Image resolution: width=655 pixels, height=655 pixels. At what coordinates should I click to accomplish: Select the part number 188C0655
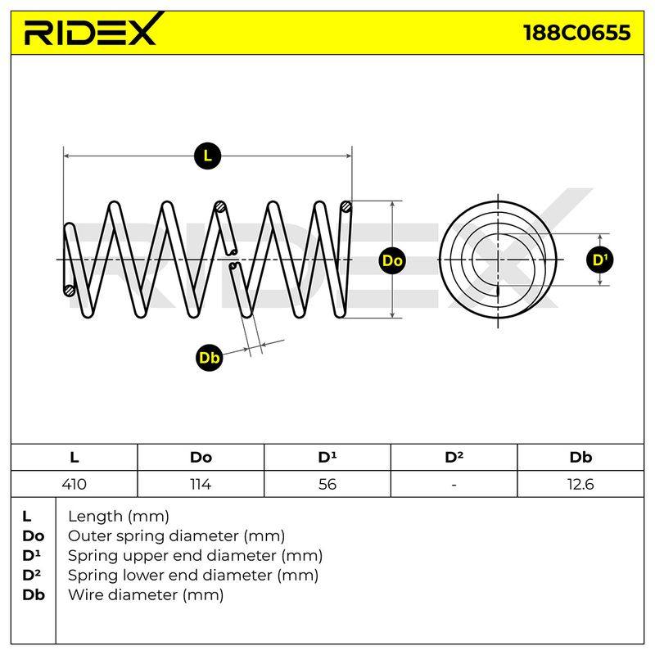[x=577, y=33]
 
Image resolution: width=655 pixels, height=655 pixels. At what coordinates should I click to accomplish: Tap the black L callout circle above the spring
[x=208, y=156]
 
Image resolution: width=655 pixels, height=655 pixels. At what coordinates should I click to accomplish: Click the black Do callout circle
[x=392, y=260]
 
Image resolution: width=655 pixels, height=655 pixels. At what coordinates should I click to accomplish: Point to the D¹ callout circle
[x=600, y=260]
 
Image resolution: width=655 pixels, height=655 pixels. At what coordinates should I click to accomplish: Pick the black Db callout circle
[x=210, y=358]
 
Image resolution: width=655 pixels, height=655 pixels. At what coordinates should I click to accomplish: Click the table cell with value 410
[x=74, y=484]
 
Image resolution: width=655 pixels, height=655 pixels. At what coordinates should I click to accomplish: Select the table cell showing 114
[x=201, y=484]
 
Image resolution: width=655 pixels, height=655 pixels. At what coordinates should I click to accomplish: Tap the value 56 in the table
[x=327, y=484]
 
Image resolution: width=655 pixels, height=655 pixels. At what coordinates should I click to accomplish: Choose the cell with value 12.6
[x=580, y=484]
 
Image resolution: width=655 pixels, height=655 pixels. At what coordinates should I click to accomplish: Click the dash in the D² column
[x=454, y=485]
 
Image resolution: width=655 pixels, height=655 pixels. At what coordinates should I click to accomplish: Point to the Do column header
[x=201, y=458]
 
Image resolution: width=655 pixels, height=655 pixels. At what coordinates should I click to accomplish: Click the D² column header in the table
[x=454, y=458]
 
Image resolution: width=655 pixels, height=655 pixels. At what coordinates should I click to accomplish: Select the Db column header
[x=580, y=458]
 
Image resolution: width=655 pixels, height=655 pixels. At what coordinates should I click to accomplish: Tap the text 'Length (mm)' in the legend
[x=119, y=517]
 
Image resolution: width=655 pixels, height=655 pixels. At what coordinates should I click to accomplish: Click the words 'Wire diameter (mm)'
[x=146, y=595]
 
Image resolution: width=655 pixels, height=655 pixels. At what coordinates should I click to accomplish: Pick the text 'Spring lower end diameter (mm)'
[x=193, y=576]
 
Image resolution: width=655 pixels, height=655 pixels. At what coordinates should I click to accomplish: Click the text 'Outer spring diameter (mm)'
[x=176, y=536]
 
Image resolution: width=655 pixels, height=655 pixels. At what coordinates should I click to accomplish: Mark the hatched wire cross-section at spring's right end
[x=346, y=206]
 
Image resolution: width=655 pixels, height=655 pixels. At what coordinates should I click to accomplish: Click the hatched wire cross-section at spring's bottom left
[x=70, y=291]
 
